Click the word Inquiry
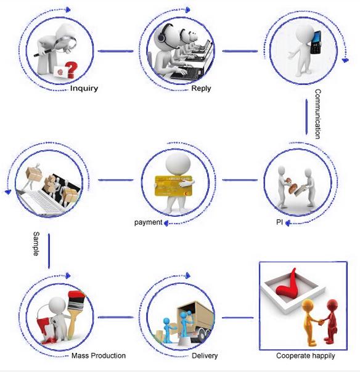(84, 89)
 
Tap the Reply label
(201, 89)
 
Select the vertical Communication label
(317, 114)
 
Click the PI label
(279, 222)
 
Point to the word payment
(148, 222)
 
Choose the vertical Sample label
(36, 244)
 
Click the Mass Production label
(99, 355)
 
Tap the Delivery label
(205, 355)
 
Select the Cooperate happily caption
(305, 356)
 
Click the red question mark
(72, 70)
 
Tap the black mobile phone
(316, 42)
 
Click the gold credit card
(173, 186)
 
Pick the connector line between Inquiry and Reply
(116, 51)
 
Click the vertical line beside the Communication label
(306, 117)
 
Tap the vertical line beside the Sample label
(49, 251)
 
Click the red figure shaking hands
(330, 321)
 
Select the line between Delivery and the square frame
(238, 317)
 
